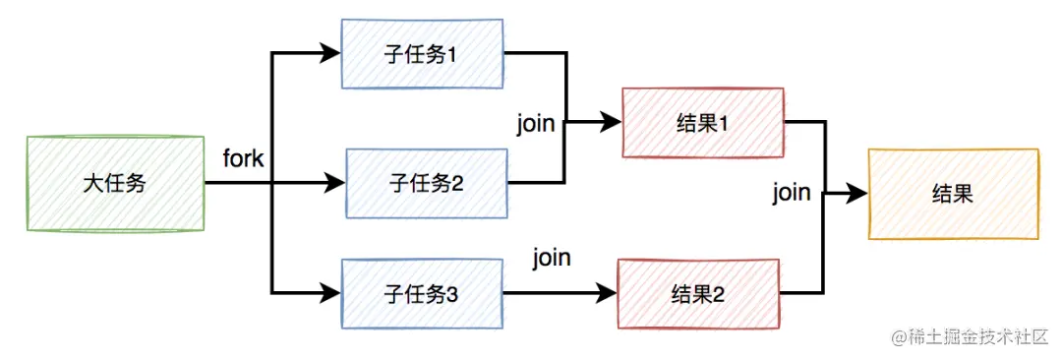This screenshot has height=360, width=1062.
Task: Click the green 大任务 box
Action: point(114,184)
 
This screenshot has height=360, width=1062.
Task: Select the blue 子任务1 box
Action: point(422,54)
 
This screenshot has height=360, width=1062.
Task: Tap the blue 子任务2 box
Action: point(425,183)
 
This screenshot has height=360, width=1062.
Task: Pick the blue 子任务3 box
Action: point(421,293)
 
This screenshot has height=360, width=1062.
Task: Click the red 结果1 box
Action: point(703,122)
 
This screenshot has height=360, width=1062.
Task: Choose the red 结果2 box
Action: point(697,293)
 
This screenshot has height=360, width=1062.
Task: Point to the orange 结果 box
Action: point(952,194)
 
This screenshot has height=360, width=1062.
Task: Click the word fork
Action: point(243,158)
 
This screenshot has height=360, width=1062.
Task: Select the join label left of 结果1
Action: point(536,125)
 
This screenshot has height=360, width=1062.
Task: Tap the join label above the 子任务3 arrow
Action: point(552,259)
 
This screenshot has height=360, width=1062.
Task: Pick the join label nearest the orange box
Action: point(791,192)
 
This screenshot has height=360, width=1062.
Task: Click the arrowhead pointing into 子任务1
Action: point(331,54)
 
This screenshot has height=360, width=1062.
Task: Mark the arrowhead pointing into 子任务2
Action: point(335,183)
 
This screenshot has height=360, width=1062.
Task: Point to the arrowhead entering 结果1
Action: point(613,122)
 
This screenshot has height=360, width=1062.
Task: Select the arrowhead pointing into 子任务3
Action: point(331,293)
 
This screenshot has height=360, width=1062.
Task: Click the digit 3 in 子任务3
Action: point(452,293)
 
